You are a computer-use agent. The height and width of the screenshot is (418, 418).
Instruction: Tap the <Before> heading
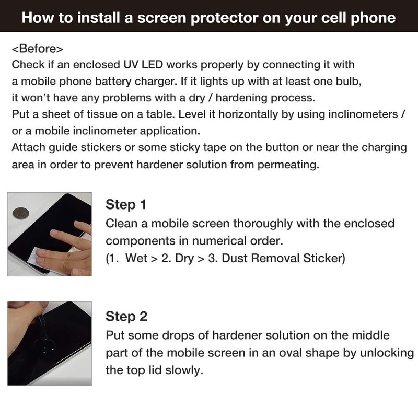[37, 49]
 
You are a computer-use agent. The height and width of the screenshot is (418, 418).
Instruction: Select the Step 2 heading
[126, 316]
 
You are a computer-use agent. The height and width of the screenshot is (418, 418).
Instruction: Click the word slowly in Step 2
[185, 370]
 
